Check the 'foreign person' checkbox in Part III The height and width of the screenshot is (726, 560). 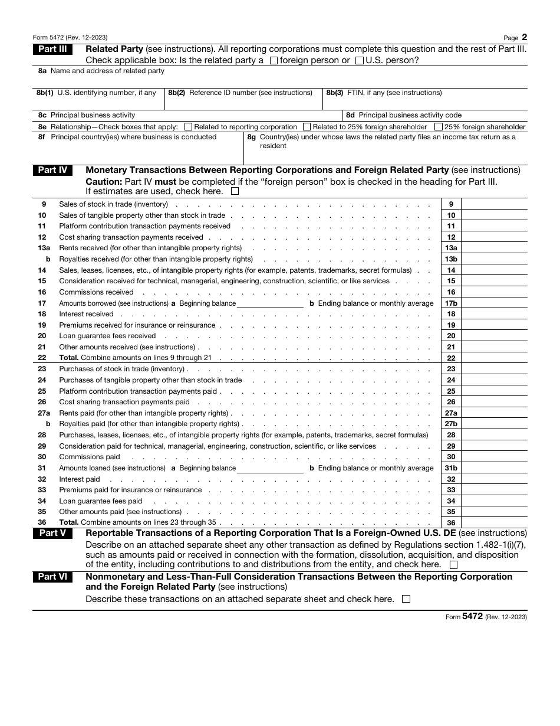[x=274, y=60]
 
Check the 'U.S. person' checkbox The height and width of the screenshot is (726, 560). [x=360, y=60]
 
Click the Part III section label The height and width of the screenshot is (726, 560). [x=52, y=50]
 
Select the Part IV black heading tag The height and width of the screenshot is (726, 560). [x=52, y=171]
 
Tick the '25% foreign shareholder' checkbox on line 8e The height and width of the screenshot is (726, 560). [x=439, y=127]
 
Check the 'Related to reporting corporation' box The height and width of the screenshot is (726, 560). [x=189, y=127]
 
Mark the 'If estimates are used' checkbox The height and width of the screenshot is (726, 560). [x=235, y=191]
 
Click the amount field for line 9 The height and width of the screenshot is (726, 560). [x=494, y=204]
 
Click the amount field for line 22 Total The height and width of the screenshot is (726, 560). [x=494, y=358]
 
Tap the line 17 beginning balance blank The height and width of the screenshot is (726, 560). [x=270, y=303]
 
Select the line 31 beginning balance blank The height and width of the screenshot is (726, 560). [x=270, y=468]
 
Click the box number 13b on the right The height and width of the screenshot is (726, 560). [x=451, y=259]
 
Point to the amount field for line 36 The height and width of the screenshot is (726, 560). [x=494, y=522]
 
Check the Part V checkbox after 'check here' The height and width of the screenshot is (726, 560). [x=453, y=565]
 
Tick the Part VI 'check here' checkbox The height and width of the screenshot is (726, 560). [x=406, y=599]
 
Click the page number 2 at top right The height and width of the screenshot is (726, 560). [x=524, y=36]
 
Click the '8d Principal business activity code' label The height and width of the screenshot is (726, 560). [x=410, y=115]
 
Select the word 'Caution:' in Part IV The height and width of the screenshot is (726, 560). [x=104, y=182]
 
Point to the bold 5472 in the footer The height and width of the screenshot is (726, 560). [x=473, y=616]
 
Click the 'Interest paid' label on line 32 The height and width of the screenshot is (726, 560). [x=80, y=479]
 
